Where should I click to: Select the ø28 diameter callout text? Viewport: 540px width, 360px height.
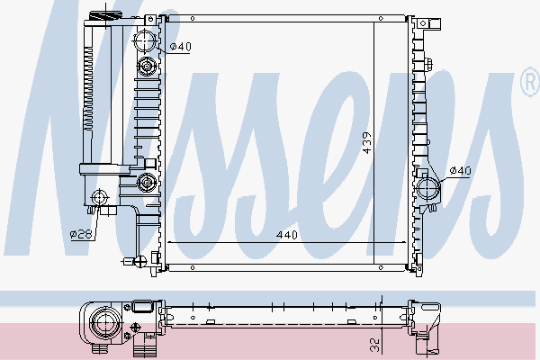coord(82,235)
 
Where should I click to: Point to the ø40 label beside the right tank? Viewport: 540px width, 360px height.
coord(460,170)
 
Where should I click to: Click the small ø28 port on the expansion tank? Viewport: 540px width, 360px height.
coord(101,197)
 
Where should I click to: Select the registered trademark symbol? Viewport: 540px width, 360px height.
coord(528,83)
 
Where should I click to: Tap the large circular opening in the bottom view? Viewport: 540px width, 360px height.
coord(101,320)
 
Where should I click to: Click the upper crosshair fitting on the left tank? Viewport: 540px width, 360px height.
coord(148,66)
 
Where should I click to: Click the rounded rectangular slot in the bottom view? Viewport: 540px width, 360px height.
coord(142,310)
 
